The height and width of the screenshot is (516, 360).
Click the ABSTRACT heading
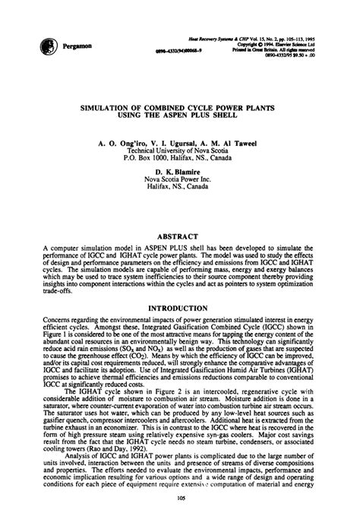coord(180,216)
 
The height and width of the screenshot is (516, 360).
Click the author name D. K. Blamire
coord(180,173)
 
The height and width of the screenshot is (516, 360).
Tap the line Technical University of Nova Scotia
coord(180,150)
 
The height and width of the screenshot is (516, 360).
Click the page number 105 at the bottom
coord(180,498)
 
